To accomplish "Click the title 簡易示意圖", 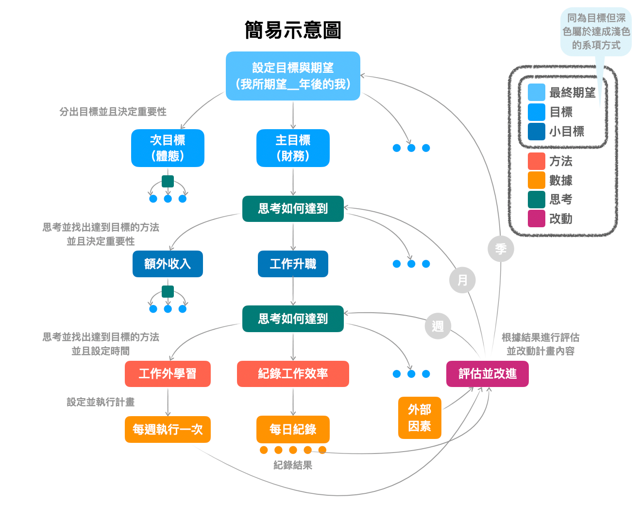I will coord(293,30).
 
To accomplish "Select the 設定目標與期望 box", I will coord(293,76).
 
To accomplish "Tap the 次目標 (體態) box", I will coord(168,148).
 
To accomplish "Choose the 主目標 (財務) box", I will coord(293,148).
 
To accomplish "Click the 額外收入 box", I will coord(168,264).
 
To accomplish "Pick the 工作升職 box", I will coord(293,264).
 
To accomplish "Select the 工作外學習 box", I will coord(168,373).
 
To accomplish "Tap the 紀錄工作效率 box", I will coord(293,373).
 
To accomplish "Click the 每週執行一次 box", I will coord(168,429).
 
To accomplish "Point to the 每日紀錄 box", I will coord(293,429).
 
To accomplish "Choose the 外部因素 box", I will coord(420,418).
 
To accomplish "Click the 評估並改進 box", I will coord(487,373).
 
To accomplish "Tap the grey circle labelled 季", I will coord(501,249).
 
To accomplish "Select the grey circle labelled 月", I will coord(462,280).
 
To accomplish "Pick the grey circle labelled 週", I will coord(438,326).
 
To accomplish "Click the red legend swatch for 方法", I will coord(536,161).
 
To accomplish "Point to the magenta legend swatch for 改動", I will coord(536,219).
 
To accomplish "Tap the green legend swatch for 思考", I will coord(536,199).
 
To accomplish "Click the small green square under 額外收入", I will coord(168,291).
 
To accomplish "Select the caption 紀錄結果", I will coord(293,465).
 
